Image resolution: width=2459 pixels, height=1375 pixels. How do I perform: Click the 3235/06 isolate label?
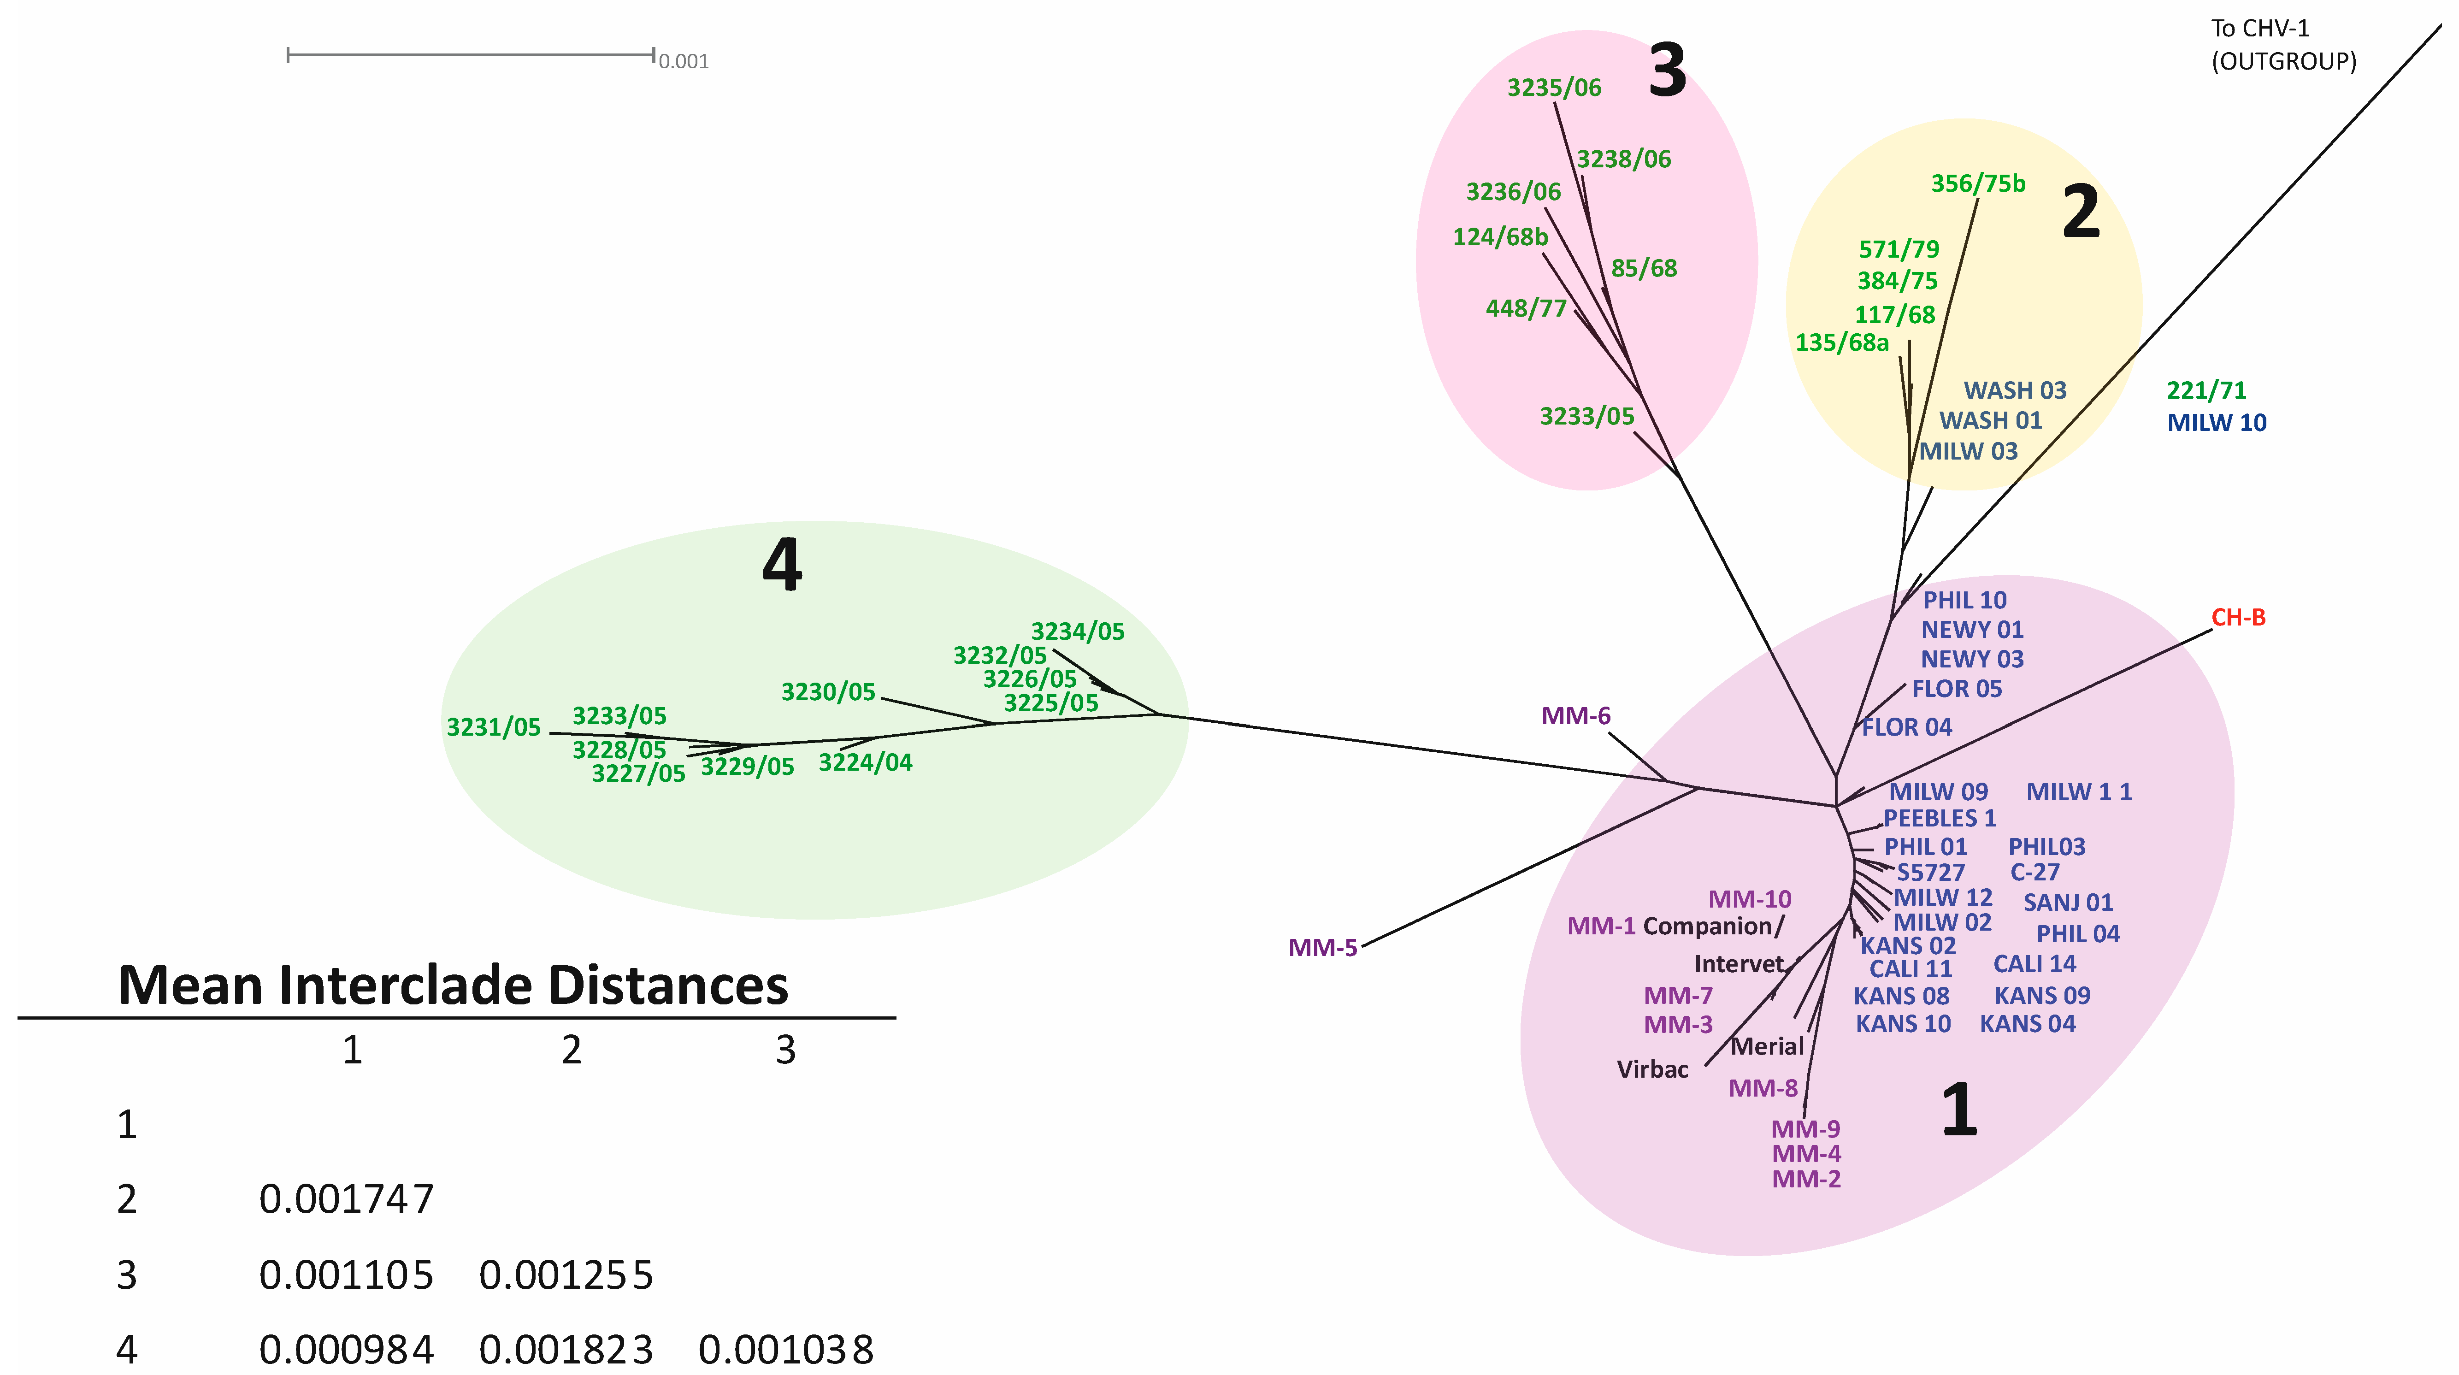pyautogui.click(x=1554, y=88)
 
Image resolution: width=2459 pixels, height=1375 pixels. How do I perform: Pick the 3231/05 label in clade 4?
pyautogui.click(x=494, y=728)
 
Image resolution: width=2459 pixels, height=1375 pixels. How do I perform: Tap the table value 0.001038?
pyautogui.click(x=785, y=1350)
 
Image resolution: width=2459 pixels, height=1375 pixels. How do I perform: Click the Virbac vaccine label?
pyautogui.click(x=1652, y=1069)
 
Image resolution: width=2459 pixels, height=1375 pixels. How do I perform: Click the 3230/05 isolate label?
pyautogui.click(x=828, y=692)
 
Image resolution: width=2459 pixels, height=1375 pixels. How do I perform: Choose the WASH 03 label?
pyautogui.click(x=2014, y=390)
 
